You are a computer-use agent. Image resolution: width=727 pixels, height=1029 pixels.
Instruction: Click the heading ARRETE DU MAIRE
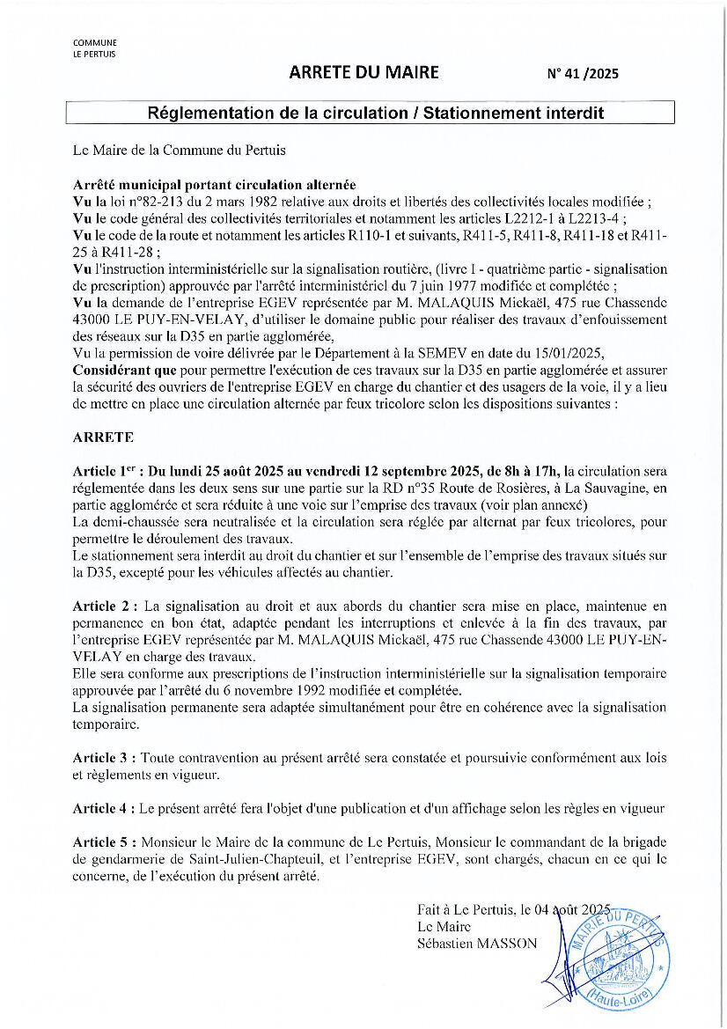pyautogui.click(x=363, y=72)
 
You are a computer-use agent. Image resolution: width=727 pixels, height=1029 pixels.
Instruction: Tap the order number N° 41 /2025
pyautogui.click(x=583, y=74)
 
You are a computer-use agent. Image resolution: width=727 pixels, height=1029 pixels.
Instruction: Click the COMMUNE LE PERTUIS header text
pyautogui.click(x=94, y=48)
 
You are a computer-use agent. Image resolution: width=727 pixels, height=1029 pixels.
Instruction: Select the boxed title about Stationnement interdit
pyautogui.click(x=370, y=113)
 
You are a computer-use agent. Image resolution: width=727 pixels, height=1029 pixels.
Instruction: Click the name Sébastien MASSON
pyautogui.click(x=477, y=943)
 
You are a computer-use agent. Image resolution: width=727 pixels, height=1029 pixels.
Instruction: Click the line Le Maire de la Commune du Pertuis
pyautogui.click(x=179, y=151)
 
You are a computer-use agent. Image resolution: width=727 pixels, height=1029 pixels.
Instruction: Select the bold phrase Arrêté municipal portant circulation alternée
pyautogui.click(x=214, y=184)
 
